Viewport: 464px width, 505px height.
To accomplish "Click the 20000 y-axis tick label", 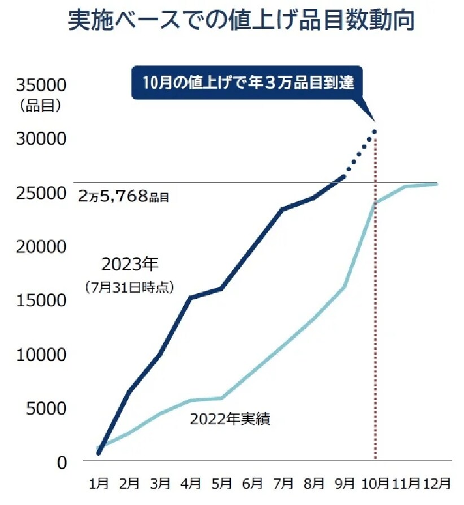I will (x=42, y=247).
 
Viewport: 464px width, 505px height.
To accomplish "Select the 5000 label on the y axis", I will (x=46, y=408).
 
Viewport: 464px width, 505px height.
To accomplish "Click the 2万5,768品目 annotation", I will (x=124, y=197).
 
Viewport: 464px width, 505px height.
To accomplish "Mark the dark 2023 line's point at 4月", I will (x=191, y=298).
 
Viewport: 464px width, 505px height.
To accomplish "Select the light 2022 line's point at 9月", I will (x=344, y=288).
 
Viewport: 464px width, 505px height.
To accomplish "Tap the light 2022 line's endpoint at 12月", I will (x=436, y=184).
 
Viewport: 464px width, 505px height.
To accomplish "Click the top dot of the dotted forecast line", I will (x=374, y=132).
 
